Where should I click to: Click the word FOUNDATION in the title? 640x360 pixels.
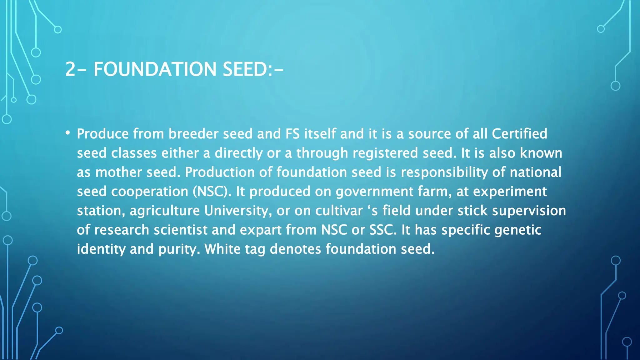click(x=155, y=69)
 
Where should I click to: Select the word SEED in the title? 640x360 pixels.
click(x=245, y=69)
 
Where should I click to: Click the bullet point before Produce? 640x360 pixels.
click(x=67, y=133)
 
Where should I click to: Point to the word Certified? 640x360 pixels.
click(x=519, y=134)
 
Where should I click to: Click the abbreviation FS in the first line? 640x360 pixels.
click(x=292, y=134)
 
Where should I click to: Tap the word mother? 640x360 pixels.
click(x=118, y=172)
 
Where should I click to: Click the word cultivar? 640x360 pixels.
click(x=339, y=211)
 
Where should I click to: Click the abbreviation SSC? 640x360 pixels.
click(x=383, y=230)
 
